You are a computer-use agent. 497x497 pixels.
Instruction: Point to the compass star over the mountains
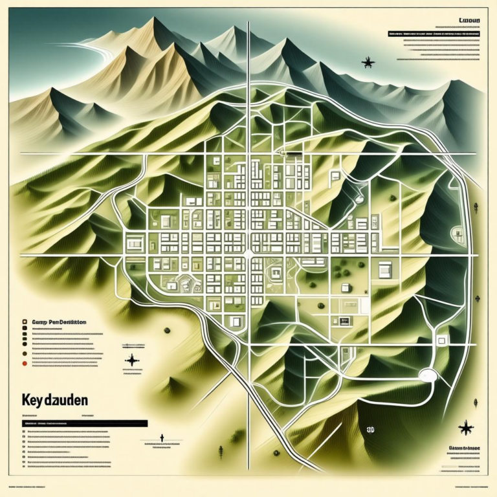click(368, 63)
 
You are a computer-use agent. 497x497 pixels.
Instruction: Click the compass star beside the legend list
click(132, 360)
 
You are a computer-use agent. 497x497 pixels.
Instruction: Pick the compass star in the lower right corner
click(465, 426)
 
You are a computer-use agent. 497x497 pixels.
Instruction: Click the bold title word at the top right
click(468, 21)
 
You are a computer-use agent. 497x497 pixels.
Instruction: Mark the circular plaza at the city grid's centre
click(248, 253)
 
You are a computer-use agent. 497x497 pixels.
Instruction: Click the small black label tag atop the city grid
click(294, 153)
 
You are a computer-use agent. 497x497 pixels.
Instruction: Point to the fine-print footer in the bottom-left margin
click(29, 486)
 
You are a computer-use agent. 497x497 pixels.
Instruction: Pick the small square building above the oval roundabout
click(442, 340)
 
